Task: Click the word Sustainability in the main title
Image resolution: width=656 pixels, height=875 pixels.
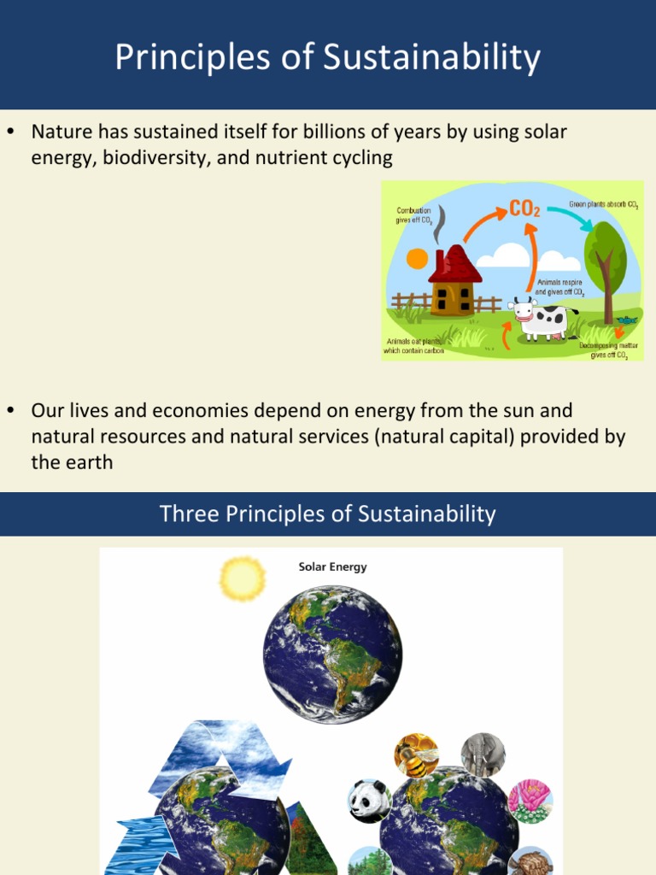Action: tap(431, 58)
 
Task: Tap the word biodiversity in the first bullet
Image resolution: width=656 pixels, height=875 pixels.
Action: tap(156, 157)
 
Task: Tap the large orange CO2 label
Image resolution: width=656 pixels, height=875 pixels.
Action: tap(524, 208)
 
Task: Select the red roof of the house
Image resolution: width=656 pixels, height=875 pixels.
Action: tap(454, 265)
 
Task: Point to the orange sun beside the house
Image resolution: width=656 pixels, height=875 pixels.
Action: tap(418, 258)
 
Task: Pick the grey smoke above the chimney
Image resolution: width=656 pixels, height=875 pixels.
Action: tap(440, 224)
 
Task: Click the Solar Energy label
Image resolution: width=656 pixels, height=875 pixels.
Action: tap(332, 567)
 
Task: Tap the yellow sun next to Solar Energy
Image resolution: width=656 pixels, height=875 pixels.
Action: tap(243, 578)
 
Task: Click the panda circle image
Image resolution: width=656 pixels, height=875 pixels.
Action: tap(369, 802)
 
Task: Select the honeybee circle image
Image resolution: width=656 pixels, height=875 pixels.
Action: tap(416, 755)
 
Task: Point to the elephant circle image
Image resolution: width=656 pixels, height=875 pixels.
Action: tap(483, 755)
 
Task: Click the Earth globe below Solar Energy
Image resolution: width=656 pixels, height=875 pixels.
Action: tap(332, 655)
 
